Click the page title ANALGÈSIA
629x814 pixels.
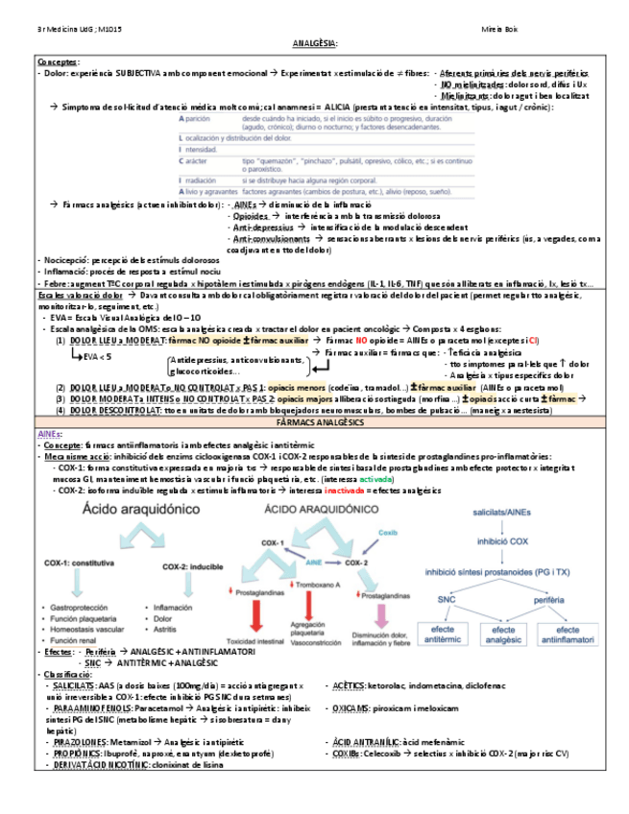[x=314, y=43]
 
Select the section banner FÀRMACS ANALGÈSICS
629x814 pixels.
[x=314, y=422]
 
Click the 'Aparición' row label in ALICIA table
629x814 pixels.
[x=196, y=117]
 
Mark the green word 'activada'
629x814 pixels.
[x=375, y=476]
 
